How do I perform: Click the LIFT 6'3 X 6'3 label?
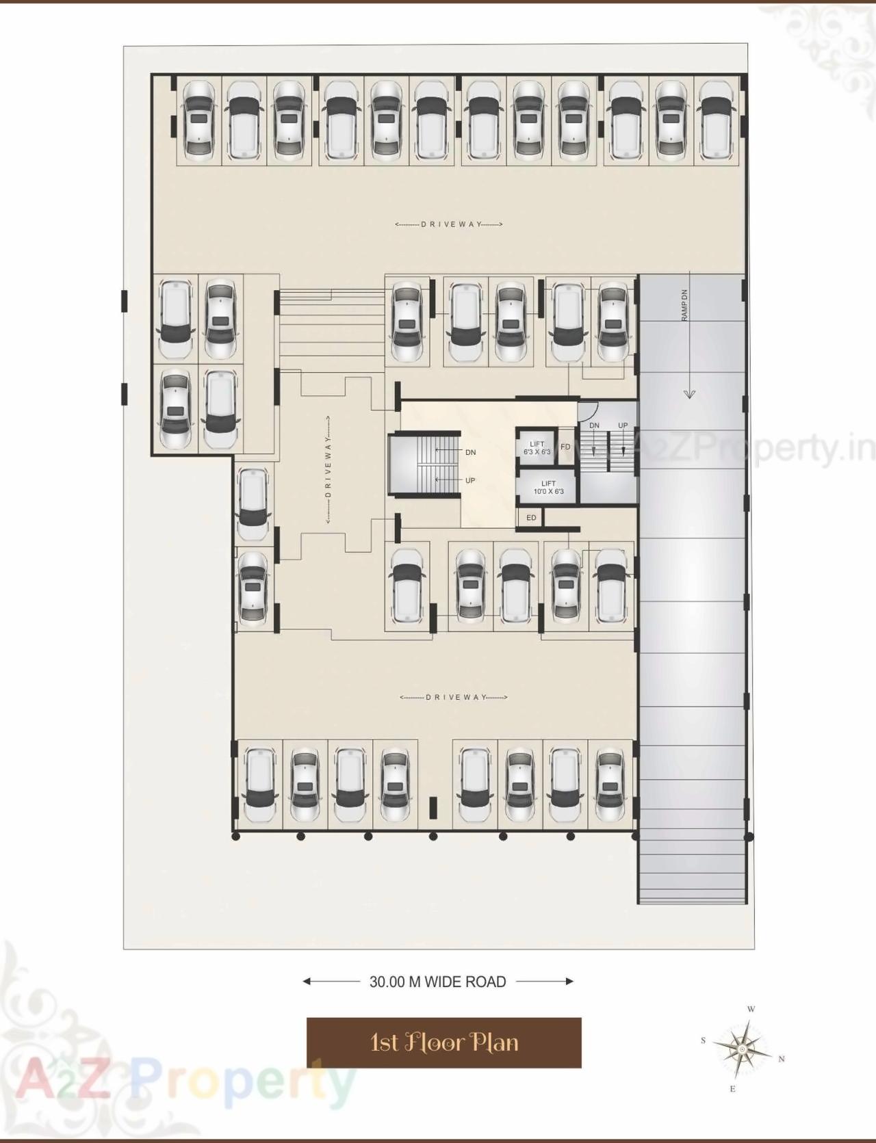(x=537, y=448)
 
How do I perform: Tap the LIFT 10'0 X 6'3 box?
(x=548, y=487)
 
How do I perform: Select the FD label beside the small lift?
(x=565, y=447)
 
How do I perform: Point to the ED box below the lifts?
(x=531, y=518)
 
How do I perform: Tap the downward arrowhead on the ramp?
(x=688, y=394)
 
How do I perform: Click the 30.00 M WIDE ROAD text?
(x=438, y=982)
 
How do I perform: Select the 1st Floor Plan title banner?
(x=443, y=1042)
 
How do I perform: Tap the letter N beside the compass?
(x=782, y=1059)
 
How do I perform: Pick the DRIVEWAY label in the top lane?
(x=449, y=224)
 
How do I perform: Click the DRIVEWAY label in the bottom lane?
(x=453, y=697)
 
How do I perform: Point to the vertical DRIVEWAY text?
(x=329, y=471)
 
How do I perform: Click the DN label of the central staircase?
(x=471, y=452)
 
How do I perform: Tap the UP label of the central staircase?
(x=470, y=480)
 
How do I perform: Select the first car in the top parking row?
(x=199, y=120)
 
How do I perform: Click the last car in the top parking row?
(x=716, y=120)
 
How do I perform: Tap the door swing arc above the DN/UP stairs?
(x=587, y=411)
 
